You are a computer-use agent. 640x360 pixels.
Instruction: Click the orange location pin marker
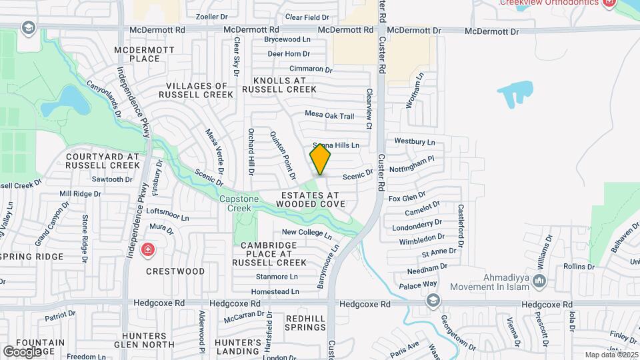pos(320,160)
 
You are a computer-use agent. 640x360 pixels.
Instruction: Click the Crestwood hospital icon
pos(147,251)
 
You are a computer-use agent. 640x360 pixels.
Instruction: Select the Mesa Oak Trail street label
pos(329,115)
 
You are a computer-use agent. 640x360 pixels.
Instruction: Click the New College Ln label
pos(306,233)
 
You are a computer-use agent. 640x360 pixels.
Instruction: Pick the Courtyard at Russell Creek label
pos(103,161)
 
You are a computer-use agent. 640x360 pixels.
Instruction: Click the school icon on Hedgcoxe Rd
pos(434,301)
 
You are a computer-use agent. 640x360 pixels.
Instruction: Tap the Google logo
pos(21,351)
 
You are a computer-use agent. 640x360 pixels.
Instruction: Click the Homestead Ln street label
pos(275,292)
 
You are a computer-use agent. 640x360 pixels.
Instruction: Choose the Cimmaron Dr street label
pos(311,69)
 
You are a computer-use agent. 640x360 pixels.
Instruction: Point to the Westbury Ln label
pos(414,142)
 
